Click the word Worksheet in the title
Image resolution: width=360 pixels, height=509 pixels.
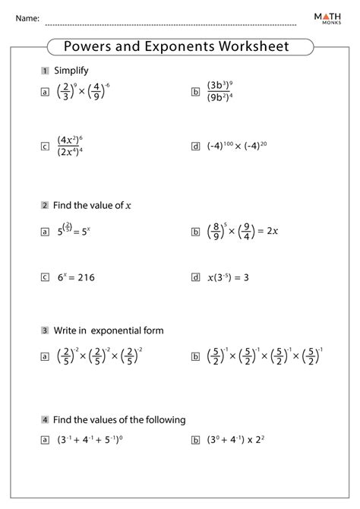click(254, 46)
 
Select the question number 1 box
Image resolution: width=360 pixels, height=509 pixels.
click(46, 71)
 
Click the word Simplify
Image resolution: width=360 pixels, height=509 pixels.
click(71, 71)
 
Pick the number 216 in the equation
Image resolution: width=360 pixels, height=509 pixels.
click(89, 278)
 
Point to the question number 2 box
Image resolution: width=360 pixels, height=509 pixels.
click(46, 205)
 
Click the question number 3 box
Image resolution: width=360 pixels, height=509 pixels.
click(46, 330)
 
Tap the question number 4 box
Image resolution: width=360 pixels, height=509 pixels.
click(46, 419)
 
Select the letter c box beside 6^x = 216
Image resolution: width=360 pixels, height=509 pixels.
click(46, 278)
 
